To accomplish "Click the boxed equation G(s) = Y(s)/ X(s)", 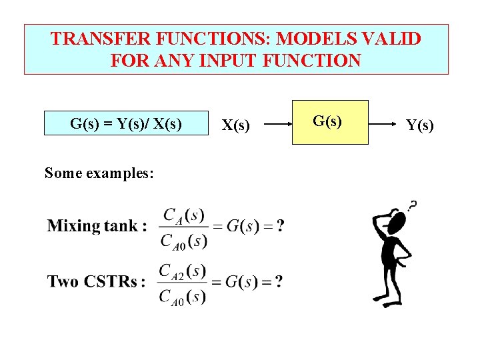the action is [127, 123].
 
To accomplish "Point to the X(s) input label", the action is [237, 124].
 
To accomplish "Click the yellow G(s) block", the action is [330, 122].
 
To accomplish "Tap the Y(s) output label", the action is [419, 124].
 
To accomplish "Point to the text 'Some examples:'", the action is [99, 173].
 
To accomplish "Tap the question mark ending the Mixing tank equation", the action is [280, 226].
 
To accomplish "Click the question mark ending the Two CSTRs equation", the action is [279, 281].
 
